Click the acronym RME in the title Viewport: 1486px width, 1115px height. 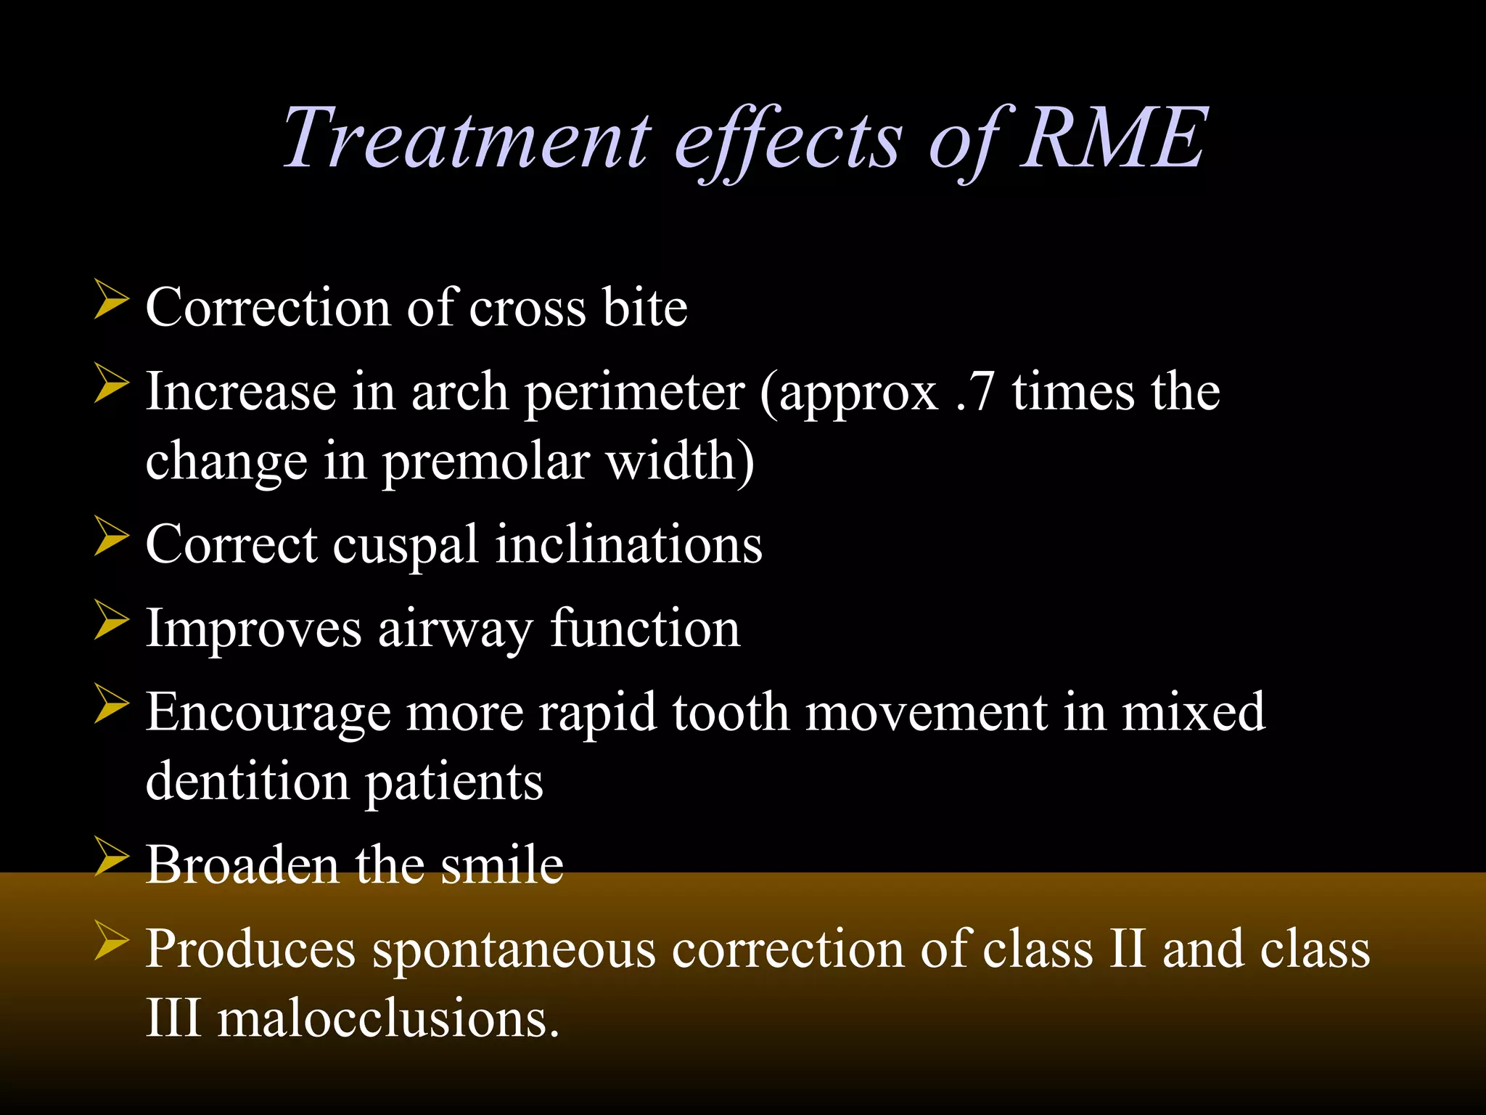(x=1113, y=138)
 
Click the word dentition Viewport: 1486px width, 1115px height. (x=247, y=783)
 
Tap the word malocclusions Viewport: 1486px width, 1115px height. (x=388, y=1018)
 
